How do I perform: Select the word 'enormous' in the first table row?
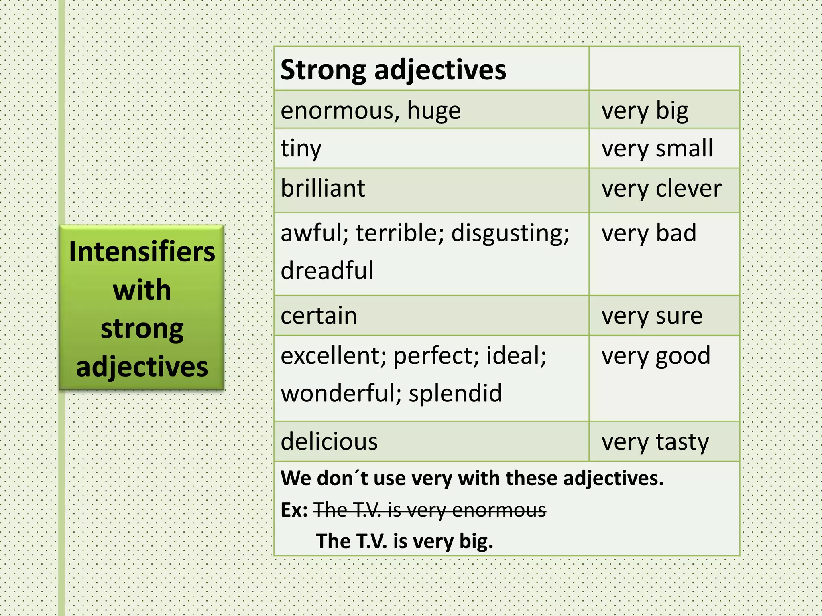tap(340, 110)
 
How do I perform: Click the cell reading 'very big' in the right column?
tap(645, 111)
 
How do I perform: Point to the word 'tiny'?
tap(301, 149)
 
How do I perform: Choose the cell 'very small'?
tap(657, 149)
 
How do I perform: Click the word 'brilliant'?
tap(323, 188)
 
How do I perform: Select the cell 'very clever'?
tap(661, 189)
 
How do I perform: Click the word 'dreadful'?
tap(327, 270)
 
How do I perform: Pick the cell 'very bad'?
tap(649, 233)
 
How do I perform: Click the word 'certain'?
tap(319, 316)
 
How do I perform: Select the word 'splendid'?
tap(455, 393)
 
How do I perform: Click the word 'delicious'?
tap(329, 442)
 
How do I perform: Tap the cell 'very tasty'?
tap(655, 442)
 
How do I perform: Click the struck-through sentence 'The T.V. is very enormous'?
tap(429, 510)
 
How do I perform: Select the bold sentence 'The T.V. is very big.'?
tap(405, 541)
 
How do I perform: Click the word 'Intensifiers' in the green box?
tap(142, 252)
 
